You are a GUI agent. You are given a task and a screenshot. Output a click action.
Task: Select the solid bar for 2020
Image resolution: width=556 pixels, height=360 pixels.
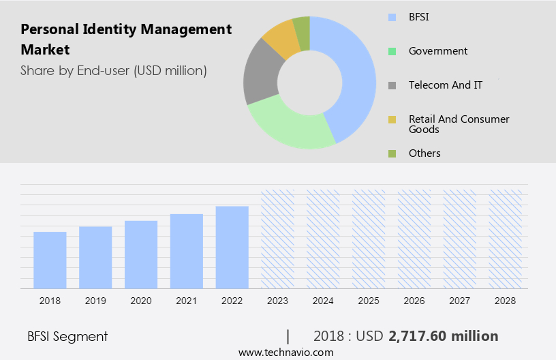pyautogui.click(x=141, y=254)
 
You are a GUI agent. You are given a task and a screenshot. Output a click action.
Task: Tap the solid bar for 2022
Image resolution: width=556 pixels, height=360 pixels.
pyautogui.click(x=232, y=247)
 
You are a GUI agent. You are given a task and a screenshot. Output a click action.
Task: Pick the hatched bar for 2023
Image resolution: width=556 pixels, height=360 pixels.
pyautogui.click(x=278, y=239)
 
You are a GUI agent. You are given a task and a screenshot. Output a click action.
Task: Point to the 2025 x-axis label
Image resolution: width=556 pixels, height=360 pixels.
pyautogui.click(x=369, y=301)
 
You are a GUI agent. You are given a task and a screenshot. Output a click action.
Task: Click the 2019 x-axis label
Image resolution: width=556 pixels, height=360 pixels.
pyautogui.click(x=95, y=301)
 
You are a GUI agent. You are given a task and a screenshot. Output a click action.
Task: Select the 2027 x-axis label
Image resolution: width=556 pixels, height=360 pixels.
pyautogui.click(x=461, y=301)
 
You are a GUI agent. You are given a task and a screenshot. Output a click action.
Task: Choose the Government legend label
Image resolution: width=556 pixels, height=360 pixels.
pyautogui.click(x=438, y=50)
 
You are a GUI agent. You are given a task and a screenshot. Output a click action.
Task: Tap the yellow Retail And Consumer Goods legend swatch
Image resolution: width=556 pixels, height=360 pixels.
pyautogui.click(x=392, y=120)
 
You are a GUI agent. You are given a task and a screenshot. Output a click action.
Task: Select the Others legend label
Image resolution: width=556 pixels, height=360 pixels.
pyautogui.click(x=424, y=153)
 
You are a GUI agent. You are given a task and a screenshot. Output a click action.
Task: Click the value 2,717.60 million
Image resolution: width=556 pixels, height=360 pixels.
pyautogui.click(x=444, y=336)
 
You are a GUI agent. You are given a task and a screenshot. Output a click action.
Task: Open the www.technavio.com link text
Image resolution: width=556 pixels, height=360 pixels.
pyautogui.click(x=285, y=352)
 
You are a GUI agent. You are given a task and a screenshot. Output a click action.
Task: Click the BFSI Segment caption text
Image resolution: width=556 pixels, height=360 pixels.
pyautogui.click(x=67, y=336)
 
